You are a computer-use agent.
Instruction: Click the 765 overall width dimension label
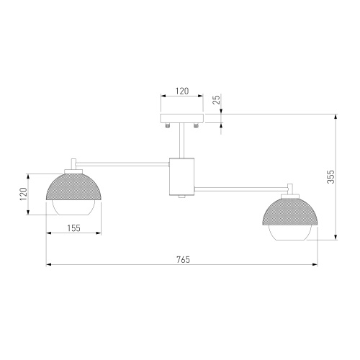[x=182, y=259]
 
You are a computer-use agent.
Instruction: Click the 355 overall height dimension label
[x=330, y=177]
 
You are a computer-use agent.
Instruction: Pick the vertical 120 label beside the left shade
[x=22, y=194]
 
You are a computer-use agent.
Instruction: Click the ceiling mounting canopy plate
[x=181, y=117]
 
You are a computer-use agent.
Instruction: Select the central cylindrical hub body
[x=181, y=176]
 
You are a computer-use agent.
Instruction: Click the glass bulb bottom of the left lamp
[x=73, y=209]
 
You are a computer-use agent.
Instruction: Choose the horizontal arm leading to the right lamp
[x=238, y=189]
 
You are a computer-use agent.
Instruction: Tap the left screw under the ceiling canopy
[x=167, y=126]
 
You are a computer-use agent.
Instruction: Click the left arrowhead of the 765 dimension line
[x=49, y=265]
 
